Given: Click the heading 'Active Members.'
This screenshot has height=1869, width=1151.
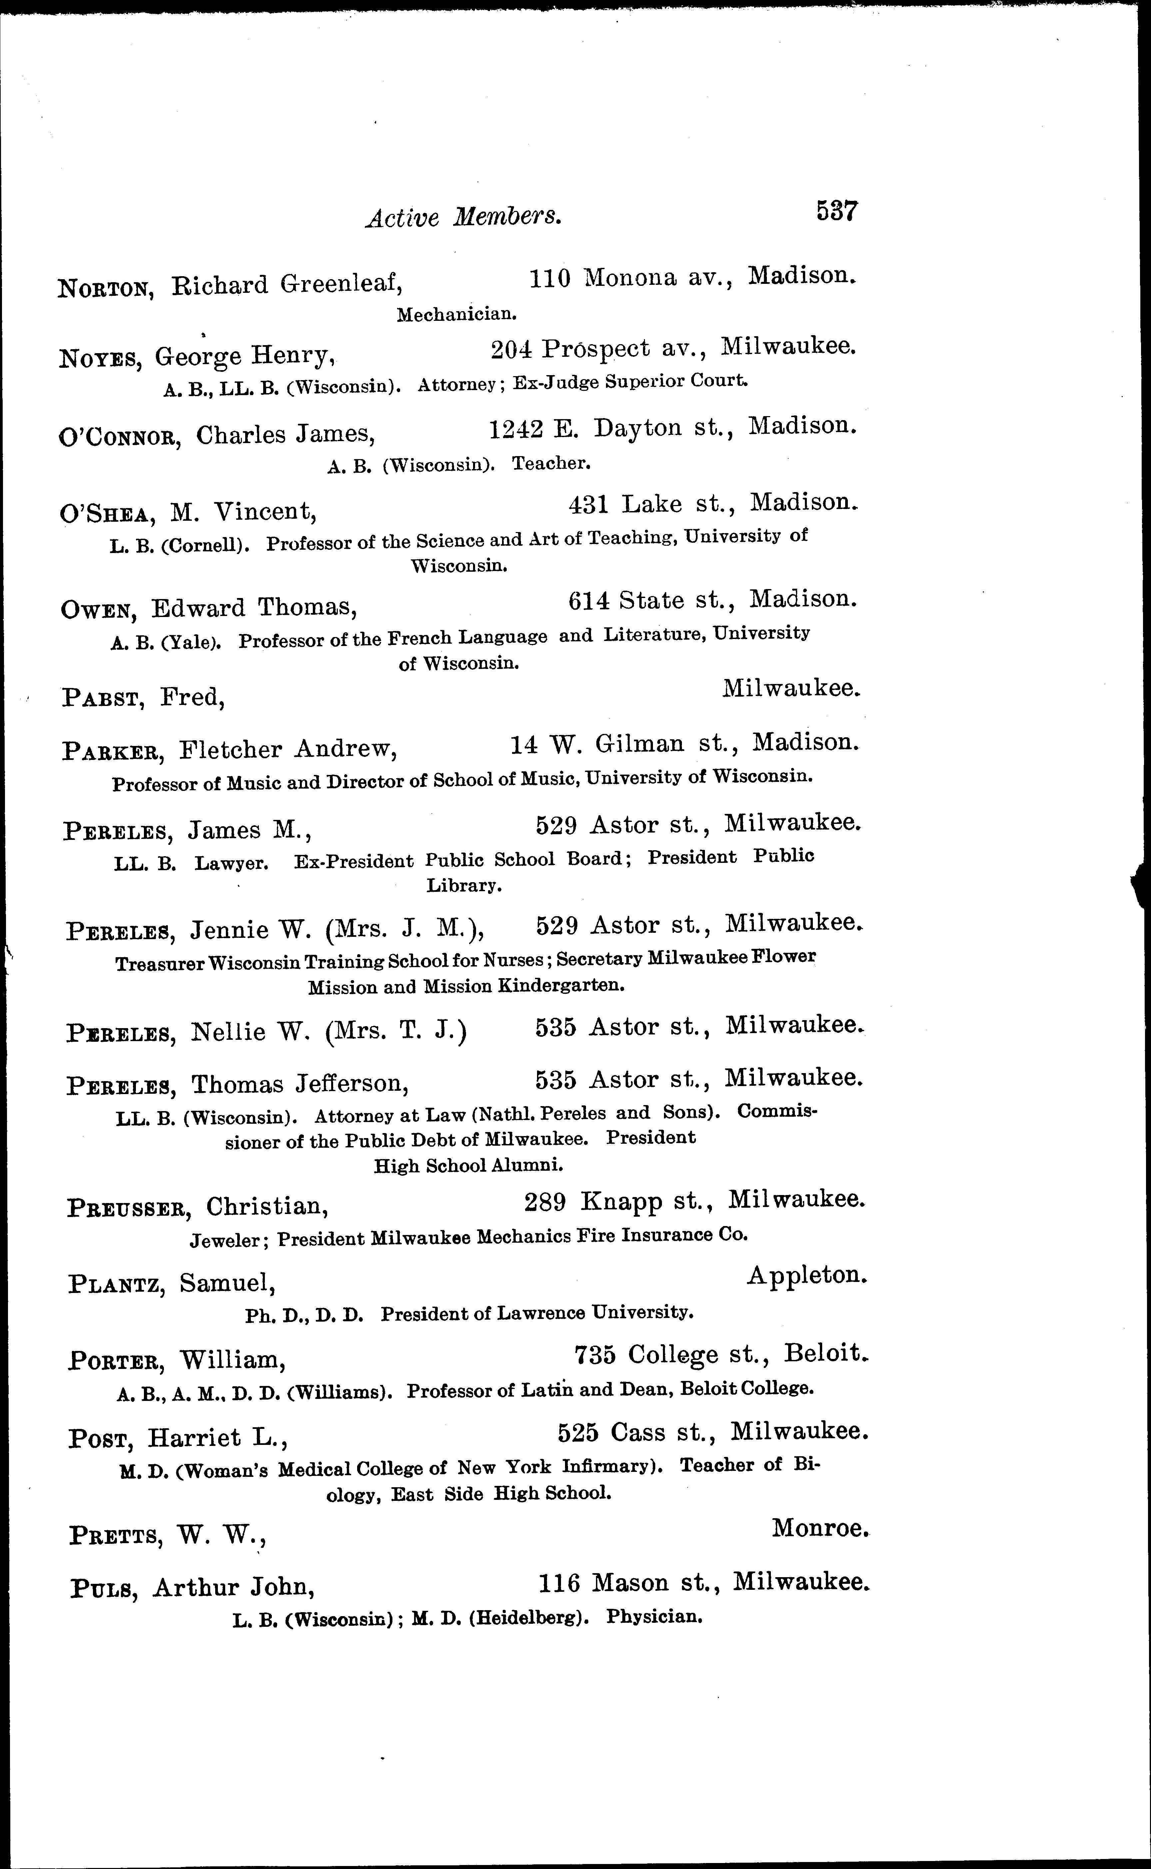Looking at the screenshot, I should [x=464, y=218].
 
